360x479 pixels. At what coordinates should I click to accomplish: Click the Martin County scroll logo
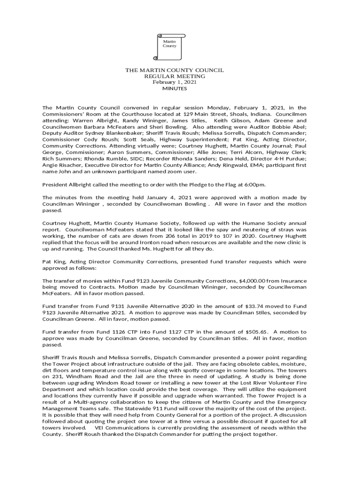tap(169, 46)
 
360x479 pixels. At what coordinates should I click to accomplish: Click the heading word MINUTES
tap(174, 88)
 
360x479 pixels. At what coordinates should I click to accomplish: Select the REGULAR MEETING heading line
tap(174, 76)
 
